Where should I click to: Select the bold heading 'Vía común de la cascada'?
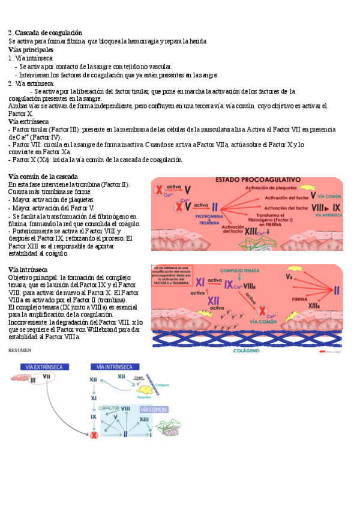[43, 176]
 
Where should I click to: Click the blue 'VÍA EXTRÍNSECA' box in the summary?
[45, 367]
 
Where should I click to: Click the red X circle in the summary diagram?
[94, 435]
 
